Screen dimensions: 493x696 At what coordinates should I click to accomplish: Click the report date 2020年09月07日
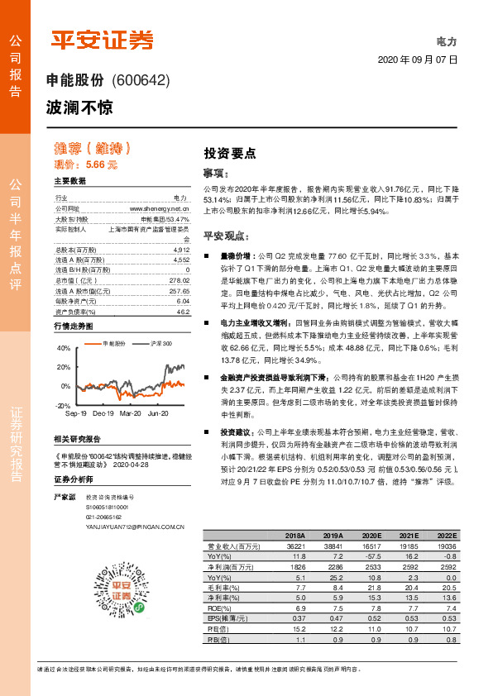pos(417,60)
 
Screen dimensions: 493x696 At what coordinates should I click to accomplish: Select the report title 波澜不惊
pos(79,107)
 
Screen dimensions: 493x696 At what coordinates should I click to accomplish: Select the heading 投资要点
pos(229,153)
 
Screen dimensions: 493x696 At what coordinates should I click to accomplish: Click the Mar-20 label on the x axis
pos(131,412)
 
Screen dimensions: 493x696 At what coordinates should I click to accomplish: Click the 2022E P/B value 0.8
pos(448,638)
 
